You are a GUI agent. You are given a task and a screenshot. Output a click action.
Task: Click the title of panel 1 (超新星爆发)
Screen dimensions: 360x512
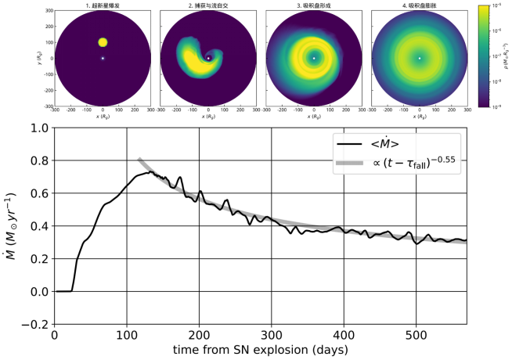point(103,7)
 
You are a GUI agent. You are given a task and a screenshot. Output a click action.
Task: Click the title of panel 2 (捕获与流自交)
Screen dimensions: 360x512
point(207,7)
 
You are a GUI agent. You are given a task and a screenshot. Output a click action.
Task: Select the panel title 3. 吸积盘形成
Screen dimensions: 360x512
point(313,7)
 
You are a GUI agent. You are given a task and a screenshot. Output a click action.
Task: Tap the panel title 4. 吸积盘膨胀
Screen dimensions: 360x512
point(419,7)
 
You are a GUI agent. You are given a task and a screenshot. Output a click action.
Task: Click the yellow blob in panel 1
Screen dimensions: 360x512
point(103,42)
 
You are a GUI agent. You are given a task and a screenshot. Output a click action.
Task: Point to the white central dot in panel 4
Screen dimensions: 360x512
point(420,59)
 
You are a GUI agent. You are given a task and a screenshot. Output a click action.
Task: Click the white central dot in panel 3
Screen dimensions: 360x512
point(314,59)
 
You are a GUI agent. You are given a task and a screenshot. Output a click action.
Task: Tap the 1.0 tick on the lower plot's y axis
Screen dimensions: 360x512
point(37,128)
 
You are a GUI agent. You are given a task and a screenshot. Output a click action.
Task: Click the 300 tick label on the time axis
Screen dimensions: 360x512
point(272,335)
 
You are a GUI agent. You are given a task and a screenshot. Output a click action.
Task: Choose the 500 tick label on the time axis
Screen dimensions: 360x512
point(416,335)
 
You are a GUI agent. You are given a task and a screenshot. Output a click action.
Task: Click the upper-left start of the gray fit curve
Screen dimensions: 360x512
point(139,160)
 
